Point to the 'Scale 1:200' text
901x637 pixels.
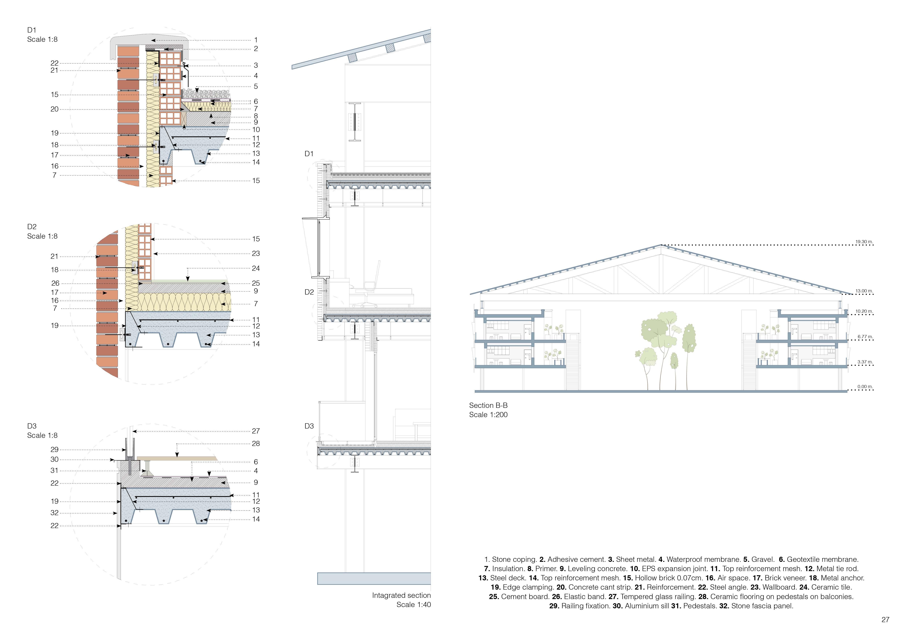click(488, 415)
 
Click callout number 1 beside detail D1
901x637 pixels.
click(256, 40)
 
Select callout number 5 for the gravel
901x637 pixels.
click(256, 86)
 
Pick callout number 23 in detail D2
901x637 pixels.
click(256, 253)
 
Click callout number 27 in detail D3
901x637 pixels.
click(256, 431)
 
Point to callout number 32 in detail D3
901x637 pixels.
click(54, 513)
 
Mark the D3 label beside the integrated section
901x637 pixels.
click(309, 426)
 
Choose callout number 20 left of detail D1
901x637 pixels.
click(54, 109)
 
